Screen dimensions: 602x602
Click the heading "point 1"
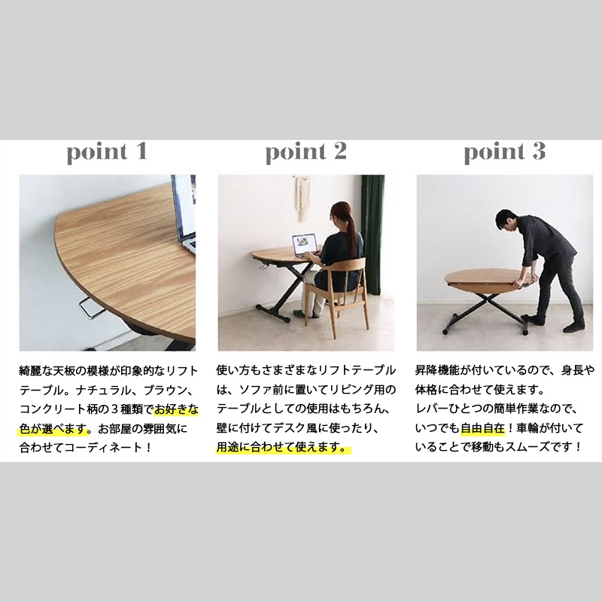pos(107,153)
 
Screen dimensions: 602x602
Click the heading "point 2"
pos(306,153)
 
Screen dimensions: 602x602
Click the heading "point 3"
pos(504,153)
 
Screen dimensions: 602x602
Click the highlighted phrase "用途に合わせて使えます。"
pos(284,448)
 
